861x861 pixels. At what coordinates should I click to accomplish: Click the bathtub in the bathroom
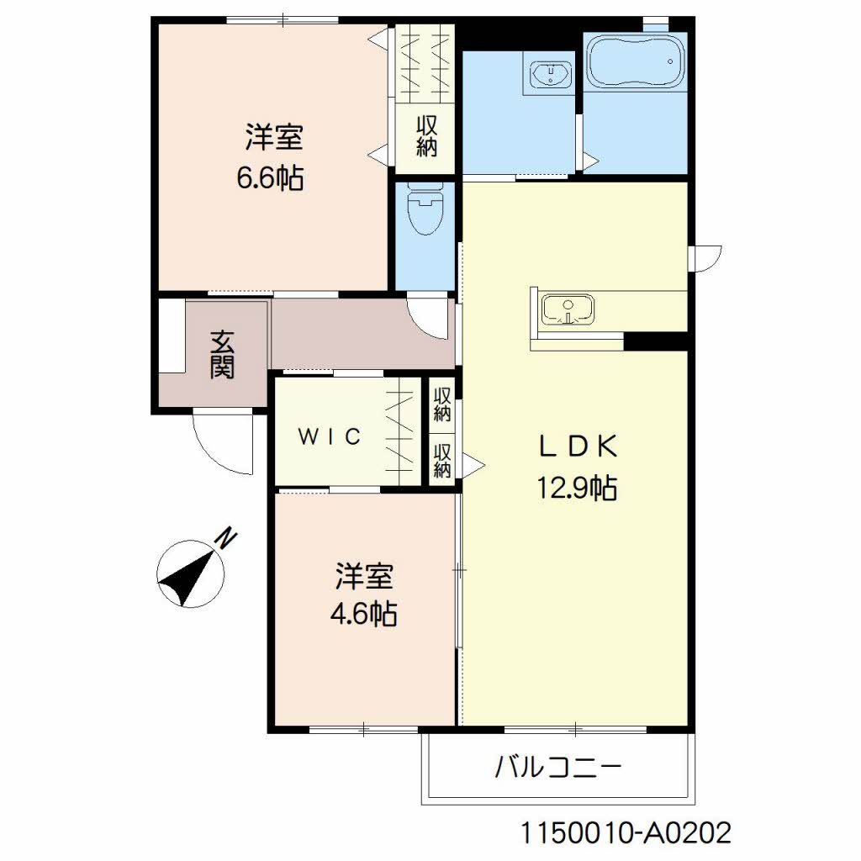tap(636, 61)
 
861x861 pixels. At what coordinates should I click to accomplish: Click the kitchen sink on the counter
tap(568, 309)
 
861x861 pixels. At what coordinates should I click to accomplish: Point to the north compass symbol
tap(191, 573)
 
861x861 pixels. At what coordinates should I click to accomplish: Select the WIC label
tap(330, 436)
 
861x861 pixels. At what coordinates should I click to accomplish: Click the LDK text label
tap(578, 446)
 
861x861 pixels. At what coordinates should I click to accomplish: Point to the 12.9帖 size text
tap(577, 488)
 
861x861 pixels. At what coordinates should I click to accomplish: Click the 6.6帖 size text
tap(270, 177)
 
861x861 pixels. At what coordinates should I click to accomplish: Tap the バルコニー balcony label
tap(558, 767)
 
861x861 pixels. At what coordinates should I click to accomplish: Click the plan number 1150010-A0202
tap(626, 833)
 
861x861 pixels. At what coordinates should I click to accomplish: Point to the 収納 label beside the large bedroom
tap(426, 136)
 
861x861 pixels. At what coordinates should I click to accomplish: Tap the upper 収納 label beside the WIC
tap(442, 404)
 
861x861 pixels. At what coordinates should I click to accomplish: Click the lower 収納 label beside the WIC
tap(442, 460)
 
